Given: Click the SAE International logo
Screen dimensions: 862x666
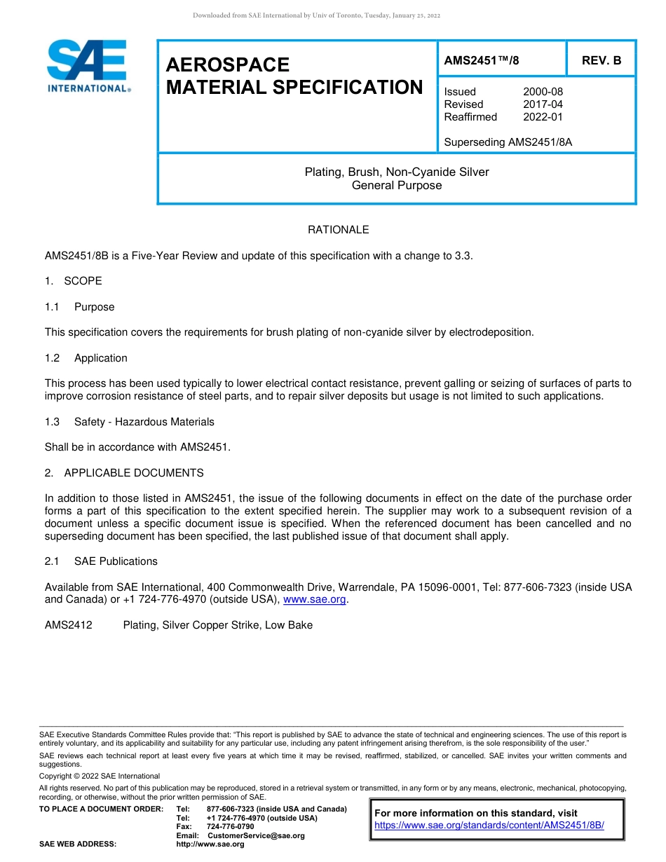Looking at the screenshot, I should tap(88, 66).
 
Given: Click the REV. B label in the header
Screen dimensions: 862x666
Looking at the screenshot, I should tap(601, 60).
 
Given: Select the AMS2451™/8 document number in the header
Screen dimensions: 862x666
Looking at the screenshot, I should tap(482, 60).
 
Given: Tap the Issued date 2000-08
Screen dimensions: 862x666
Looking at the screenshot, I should tap(543, 92).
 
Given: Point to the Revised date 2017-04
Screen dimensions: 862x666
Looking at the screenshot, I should tap(543, 104).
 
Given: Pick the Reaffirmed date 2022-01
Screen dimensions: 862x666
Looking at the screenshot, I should tap(543, 117).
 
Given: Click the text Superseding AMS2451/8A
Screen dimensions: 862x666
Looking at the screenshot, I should tap(508, 142).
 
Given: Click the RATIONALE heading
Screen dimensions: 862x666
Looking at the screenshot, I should tap(338, 230).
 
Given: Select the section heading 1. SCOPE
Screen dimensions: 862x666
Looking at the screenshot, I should tap(74, 281).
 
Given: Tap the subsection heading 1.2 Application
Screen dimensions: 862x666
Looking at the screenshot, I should tap(86, 358).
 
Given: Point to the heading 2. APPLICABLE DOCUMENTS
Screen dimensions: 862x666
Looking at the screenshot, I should tap(124, 473).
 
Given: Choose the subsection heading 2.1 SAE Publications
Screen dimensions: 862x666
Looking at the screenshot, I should tap(101, 561).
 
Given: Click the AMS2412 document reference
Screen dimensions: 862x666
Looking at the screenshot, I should tap(69, 625).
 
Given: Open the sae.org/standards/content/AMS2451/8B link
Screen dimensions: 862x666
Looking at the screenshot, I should tap(489, 826).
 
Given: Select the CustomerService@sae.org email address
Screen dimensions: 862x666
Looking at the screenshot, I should tap(256, 835).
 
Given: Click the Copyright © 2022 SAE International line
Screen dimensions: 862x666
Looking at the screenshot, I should tap(100, 776).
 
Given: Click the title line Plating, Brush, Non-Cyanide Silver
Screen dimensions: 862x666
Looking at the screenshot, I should tap(396, 172).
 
